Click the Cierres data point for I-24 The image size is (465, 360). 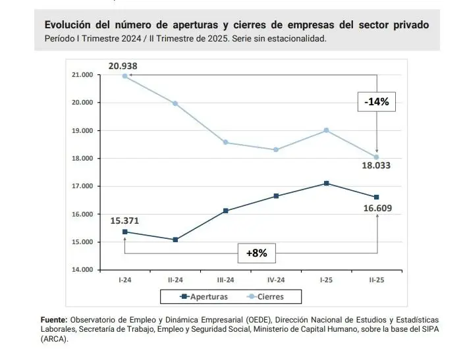point(124,76)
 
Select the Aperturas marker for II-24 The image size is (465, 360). point(175,240)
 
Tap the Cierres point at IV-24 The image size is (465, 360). point(276,149)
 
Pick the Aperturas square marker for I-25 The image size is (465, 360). point(327,183)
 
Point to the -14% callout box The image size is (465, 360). point(376,101)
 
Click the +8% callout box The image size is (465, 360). point(257,253)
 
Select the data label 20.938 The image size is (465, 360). point(123,65)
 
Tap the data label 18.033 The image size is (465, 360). point(376,165)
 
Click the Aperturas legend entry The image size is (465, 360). point(204,297)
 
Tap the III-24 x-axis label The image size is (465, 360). point(225,279)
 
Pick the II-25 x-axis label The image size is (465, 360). point(377,279)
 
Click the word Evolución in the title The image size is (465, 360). point(68,24)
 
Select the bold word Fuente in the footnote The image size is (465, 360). point(54,319)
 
